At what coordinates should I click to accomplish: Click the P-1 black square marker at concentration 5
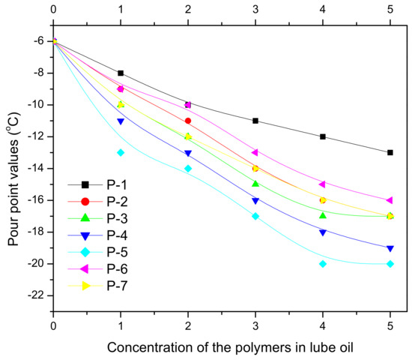tap(390, 152)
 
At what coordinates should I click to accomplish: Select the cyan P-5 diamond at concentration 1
tap(121, 152)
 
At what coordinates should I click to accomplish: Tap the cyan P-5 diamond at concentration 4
tap(323, 263)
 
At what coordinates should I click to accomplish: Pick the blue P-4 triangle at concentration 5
tap(390, 248)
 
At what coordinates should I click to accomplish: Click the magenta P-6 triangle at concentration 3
tap(255, 152)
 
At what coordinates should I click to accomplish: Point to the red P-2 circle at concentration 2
tap(188, 121)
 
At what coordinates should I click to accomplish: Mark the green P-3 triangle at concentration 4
tap(323, 215)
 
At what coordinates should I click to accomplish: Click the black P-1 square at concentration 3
tap(255, 121)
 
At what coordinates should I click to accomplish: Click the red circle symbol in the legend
tap(85, 201)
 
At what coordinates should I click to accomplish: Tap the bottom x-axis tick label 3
tap(255, 325)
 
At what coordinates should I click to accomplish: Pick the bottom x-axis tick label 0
tap(53, 325)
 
